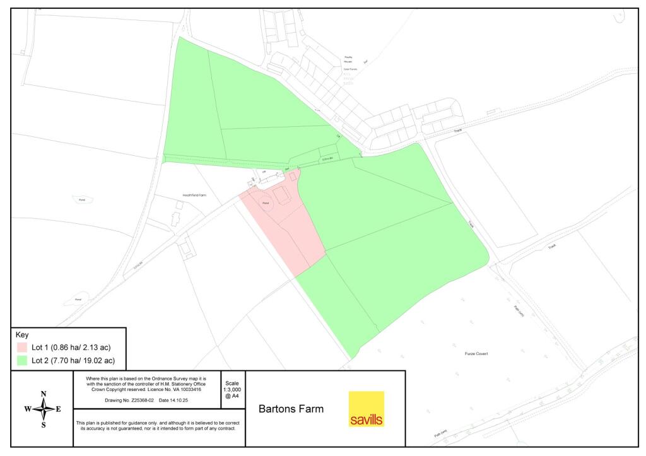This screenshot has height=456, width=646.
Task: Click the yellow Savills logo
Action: coord(366,409)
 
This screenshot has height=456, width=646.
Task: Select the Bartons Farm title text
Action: coord(291,409)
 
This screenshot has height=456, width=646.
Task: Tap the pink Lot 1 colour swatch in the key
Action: coord(22,348)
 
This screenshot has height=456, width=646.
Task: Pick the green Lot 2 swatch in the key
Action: coord(22,361)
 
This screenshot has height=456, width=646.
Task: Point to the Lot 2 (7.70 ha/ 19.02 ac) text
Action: coord(73,361)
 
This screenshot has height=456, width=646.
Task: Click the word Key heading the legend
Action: coord(22,335)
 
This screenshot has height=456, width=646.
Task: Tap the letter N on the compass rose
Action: coord(44,394)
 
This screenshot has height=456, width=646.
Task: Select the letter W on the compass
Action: coord(28,409)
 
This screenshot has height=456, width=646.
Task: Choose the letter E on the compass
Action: coord(59,409)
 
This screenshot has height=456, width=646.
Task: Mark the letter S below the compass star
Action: coord(44,424)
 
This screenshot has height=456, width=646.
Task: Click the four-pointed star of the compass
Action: coord(44,409)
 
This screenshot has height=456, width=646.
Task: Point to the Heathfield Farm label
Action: coord(195,196)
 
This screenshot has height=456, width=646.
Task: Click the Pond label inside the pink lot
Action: coord(266,202)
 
